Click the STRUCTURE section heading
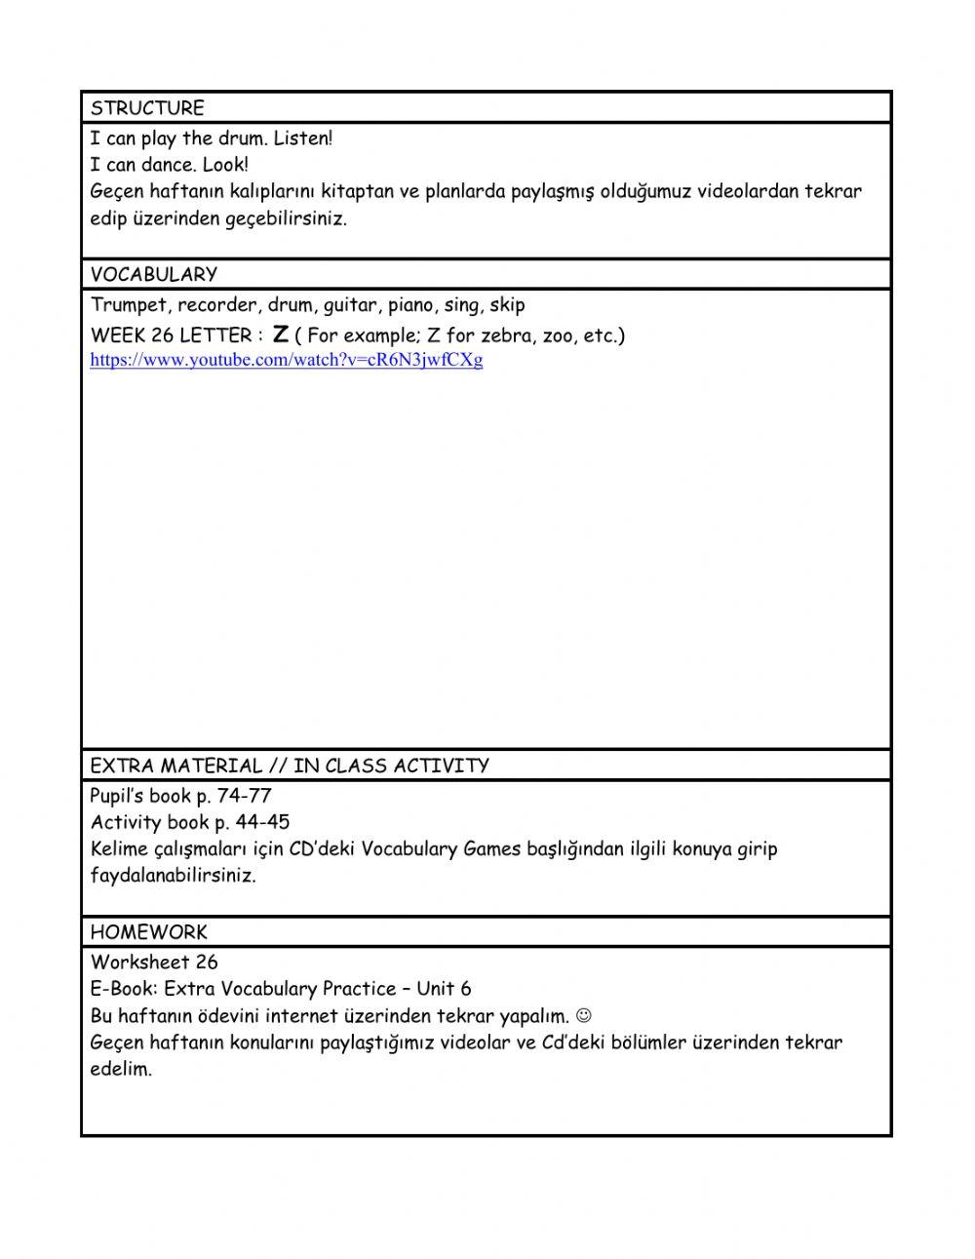pyautogui.click(x=147, y=107)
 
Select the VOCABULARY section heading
pyautogui.click(x=154, y=274)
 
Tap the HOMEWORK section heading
pyautogui.click(x=149, y=931)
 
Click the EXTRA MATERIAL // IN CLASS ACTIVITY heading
pyautogui.click(x=290, y=766)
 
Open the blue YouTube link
pyautogui.click(x=287, y=360)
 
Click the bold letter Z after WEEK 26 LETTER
pyautogui.click(x=281, y=334)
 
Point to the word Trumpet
pyautogui.click(x=129, y=305)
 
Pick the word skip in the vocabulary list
pyautogui.click(x=507, y=305)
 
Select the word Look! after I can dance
pyautogui.click(x=225, y=165)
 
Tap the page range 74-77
pyautogui.click(x=245, y=796)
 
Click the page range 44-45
pyautogui.click(x=262, y=822)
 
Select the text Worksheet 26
pyautogui.click(x=154, y=963)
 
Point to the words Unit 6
pyautogui.click(x=444, y=989)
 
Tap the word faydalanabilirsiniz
pyautogui.click(x=173, y=875)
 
